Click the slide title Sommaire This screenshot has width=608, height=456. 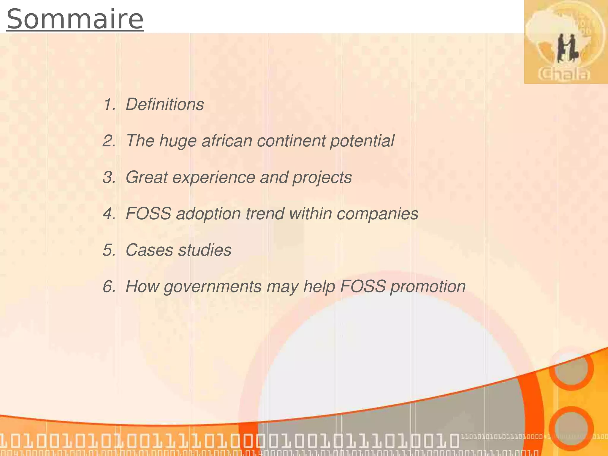pyautogui.click(x=75, y=19)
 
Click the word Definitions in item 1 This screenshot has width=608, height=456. pyautogui.click(x=165, y=104)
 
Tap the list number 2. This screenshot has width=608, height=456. pyautogui.click(x=109, y=141)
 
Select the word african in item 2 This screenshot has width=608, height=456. pyautogui.click(x=227, y=141)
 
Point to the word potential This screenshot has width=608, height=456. pyautogui.click(x=362, y=141)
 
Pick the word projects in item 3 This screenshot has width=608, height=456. pyautogui.click(x=322, y=178)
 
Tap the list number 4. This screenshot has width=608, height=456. pyautogui.click(x=109, y=214)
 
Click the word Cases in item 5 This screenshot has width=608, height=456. pyautogui.click(x=149, y=250)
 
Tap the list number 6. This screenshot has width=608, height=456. pyautogui.click(x=109, y=287)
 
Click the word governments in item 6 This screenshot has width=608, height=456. pyautogui.click(x=213, y=287)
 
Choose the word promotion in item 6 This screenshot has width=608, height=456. pyautogui.click(x=428, y=287)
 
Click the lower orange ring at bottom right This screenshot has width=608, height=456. pyautogui.click(x=571, y=428)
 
